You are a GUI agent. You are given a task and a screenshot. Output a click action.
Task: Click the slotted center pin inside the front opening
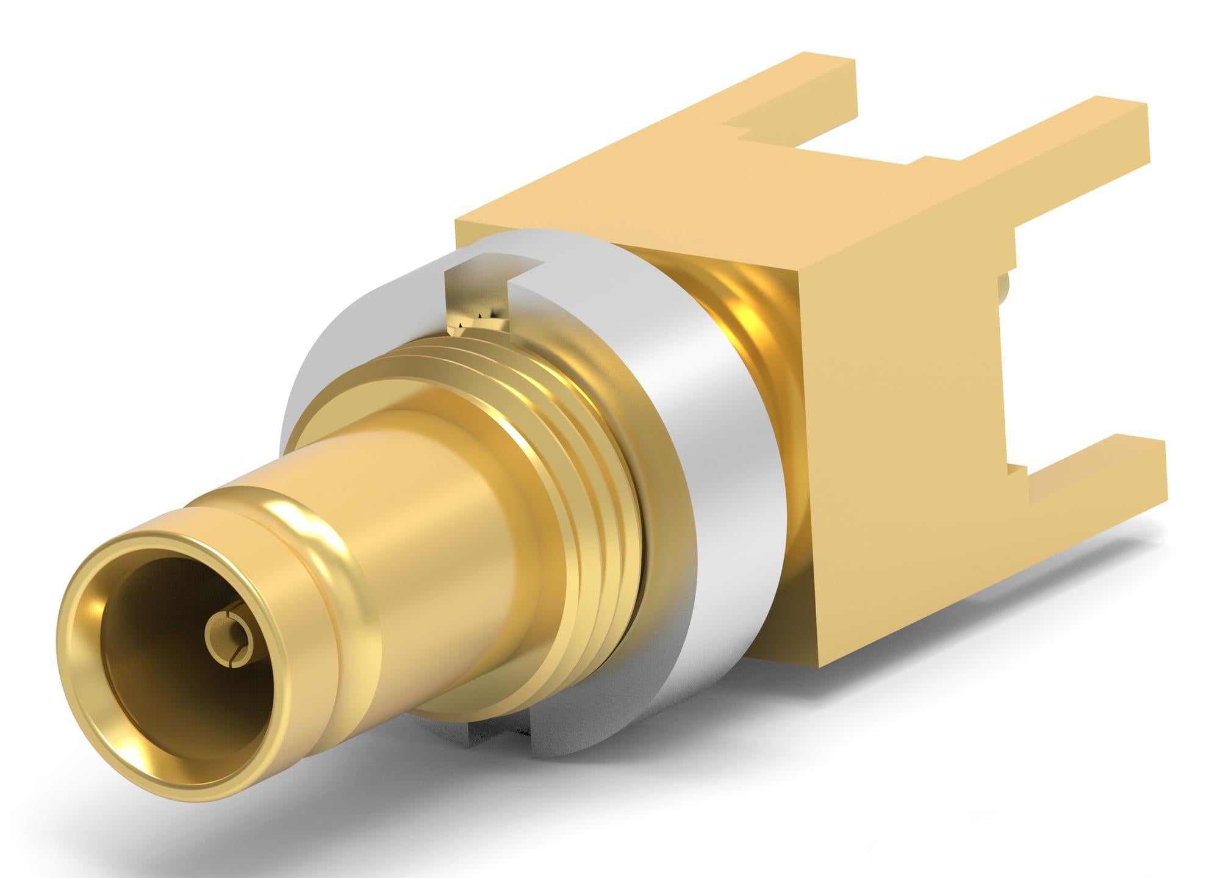pos(228,640)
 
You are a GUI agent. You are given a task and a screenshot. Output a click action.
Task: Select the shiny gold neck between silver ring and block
pos(750,317)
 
